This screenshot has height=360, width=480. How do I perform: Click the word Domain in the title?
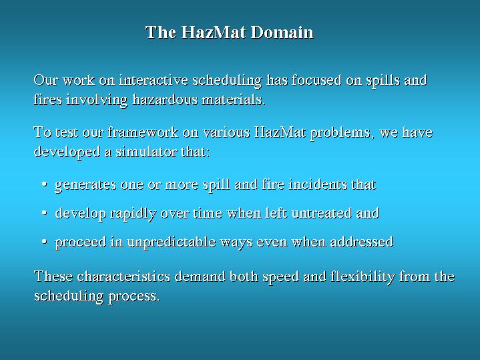[x=282, y=32]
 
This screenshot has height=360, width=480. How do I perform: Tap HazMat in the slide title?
[x=214, y=32]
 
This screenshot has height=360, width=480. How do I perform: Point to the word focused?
[x=316, y=79]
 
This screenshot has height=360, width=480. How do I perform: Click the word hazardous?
[x=165, y=99]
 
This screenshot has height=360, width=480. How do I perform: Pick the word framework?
[x=143, y=132]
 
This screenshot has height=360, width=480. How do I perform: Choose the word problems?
[x=342, y=133]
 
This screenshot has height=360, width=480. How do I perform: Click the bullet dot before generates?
[x=45, y=184]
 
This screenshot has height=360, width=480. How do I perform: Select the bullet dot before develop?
[x=45, y=213]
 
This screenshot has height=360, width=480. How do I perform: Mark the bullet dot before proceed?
[x=45, y=242]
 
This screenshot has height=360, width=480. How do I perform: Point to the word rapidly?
[x=133, y=214]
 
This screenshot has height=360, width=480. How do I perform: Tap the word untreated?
[x=322, y=213]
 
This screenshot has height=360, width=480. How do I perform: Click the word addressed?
[x=362, y=241]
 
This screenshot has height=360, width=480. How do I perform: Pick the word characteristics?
[x=124, y=276]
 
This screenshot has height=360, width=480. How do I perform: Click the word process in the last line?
[x=134, y=297]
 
